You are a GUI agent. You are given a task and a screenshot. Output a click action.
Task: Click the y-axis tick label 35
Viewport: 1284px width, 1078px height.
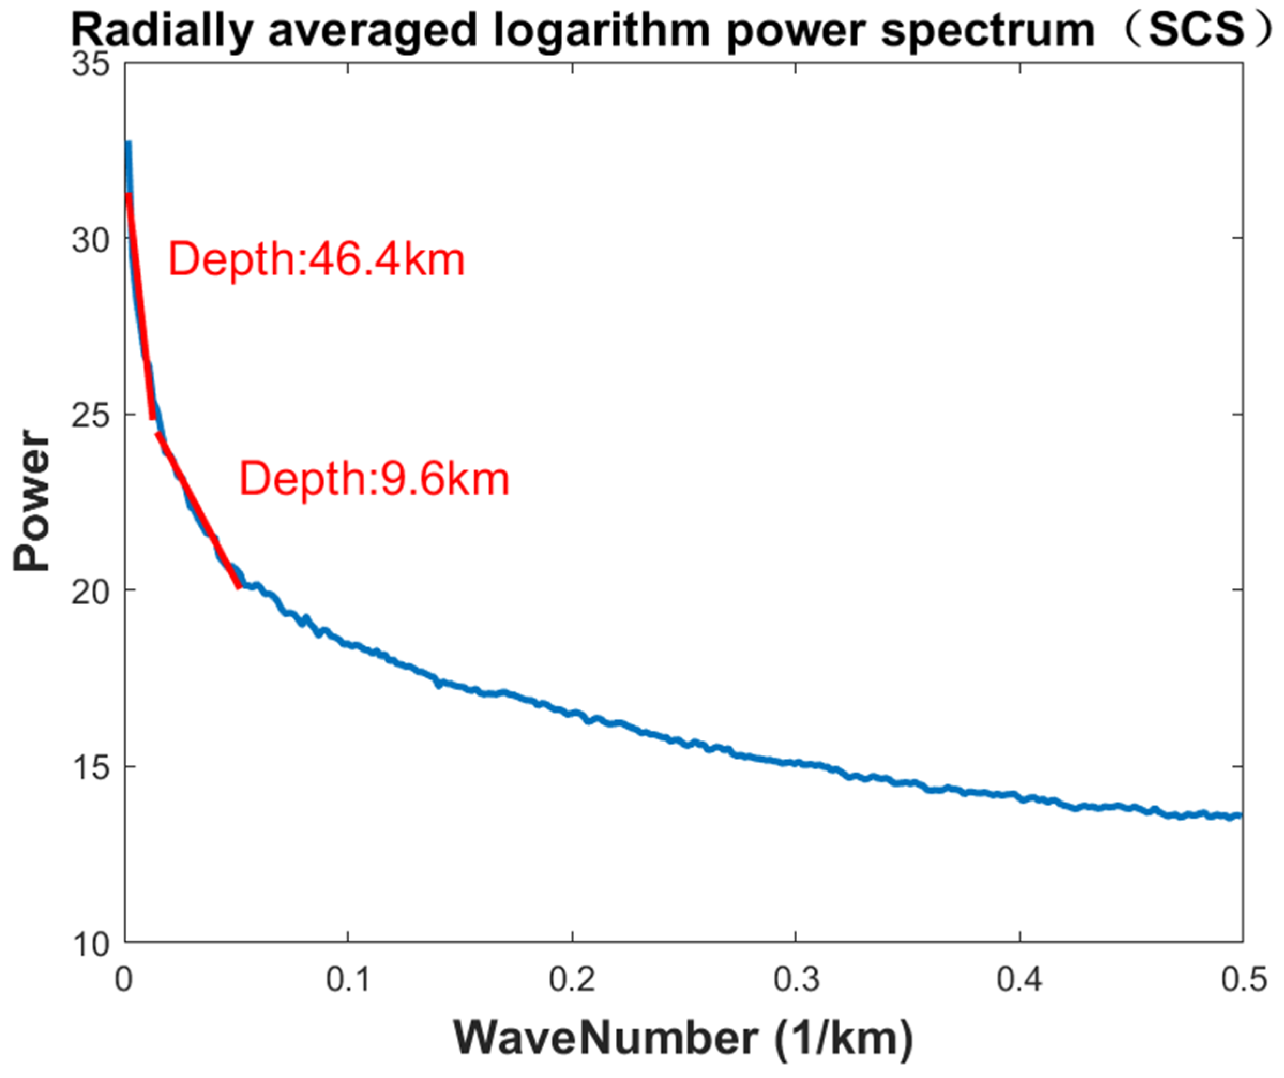click(90, 64)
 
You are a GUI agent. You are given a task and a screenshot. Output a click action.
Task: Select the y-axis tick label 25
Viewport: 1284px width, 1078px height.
click(90, 415)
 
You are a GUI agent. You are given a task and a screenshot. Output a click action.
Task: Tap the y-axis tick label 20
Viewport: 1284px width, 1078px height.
click(90, 592)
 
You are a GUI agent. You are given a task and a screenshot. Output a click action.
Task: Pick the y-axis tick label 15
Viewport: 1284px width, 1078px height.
click(90, 767)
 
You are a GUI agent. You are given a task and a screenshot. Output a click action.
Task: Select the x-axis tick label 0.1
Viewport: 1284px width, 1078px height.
click(348, 979)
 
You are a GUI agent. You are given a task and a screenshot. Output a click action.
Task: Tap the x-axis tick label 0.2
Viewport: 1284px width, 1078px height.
click(572, 979)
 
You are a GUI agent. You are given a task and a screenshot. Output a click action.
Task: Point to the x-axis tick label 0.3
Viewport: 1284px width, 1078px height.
click(796, 979)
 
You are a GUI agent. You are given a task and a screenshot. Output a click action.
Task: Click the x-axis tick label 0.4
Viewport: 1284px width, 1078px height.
click(1020, 979)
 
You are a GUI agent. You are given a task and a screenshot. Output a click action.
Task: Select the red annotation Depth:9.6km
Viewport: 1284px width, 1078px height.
click(374, 479)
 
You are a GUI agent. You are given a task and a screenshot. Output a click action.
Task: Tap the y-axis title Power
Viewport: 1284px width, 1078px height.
click(32, 500)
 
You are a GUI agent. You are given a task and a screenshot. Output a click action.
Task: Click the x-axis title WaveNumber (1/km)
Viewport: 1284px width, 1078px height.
click(683, 1038)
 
